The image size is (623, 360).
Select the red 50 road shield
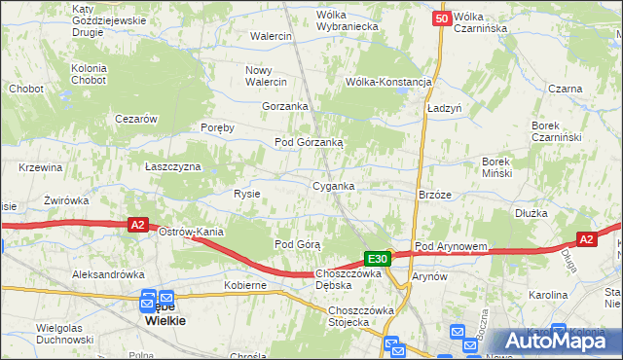[x=442, y=18]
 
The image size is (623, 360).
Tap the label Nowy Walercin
[x=266, y=76]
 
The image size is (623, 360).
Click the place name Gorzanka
[x=285, y=106]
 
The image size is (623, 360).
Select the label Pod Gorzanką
[x=309, y=142]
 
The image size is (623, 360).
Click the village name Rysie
[x=246, y=194]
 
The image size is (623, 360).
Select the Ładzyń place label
[x=444, y=108]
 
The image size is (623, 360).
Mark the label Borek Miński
[x=504, y=166]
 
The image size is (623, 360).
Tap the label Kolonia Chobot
[x=95, y=74]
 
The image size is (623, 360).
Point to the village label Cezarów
[x=136, y=119]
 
